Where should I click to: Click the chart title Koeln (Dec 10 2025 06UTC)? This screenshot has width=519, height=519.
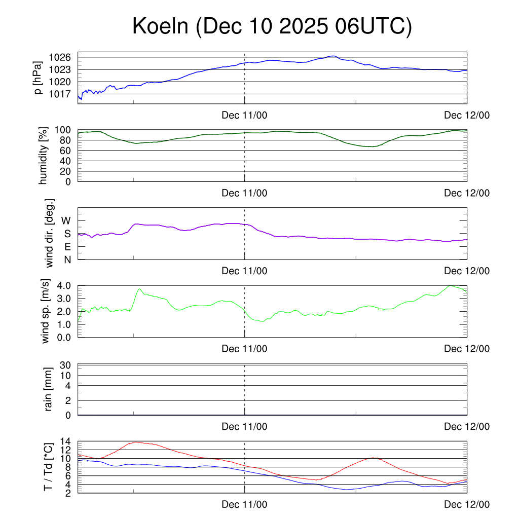point(272,26)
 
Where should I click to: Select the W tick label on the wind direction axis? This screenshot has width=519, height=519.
point(66,220)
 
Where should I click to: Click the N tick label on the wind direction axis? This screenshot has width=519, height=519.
point(66,259)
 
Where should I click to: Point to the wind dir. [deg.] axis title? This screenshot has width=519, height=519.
point(50,233)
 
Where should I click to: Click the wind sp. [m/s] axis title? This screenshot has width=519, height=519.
point(46,311)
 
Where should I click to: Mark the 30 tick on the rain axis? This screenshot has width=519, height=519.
point(66,365)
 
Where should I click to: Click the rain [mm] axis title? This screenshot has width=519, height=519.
point(49,389)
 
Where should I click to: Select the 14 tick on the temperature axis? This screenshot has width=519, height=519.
point(66,441)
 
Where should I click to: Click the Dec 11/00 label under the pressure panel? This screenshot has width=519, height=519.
point(244,115)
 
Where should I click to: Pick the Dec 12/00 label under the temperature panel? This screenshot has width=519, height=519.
point(467,504)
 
